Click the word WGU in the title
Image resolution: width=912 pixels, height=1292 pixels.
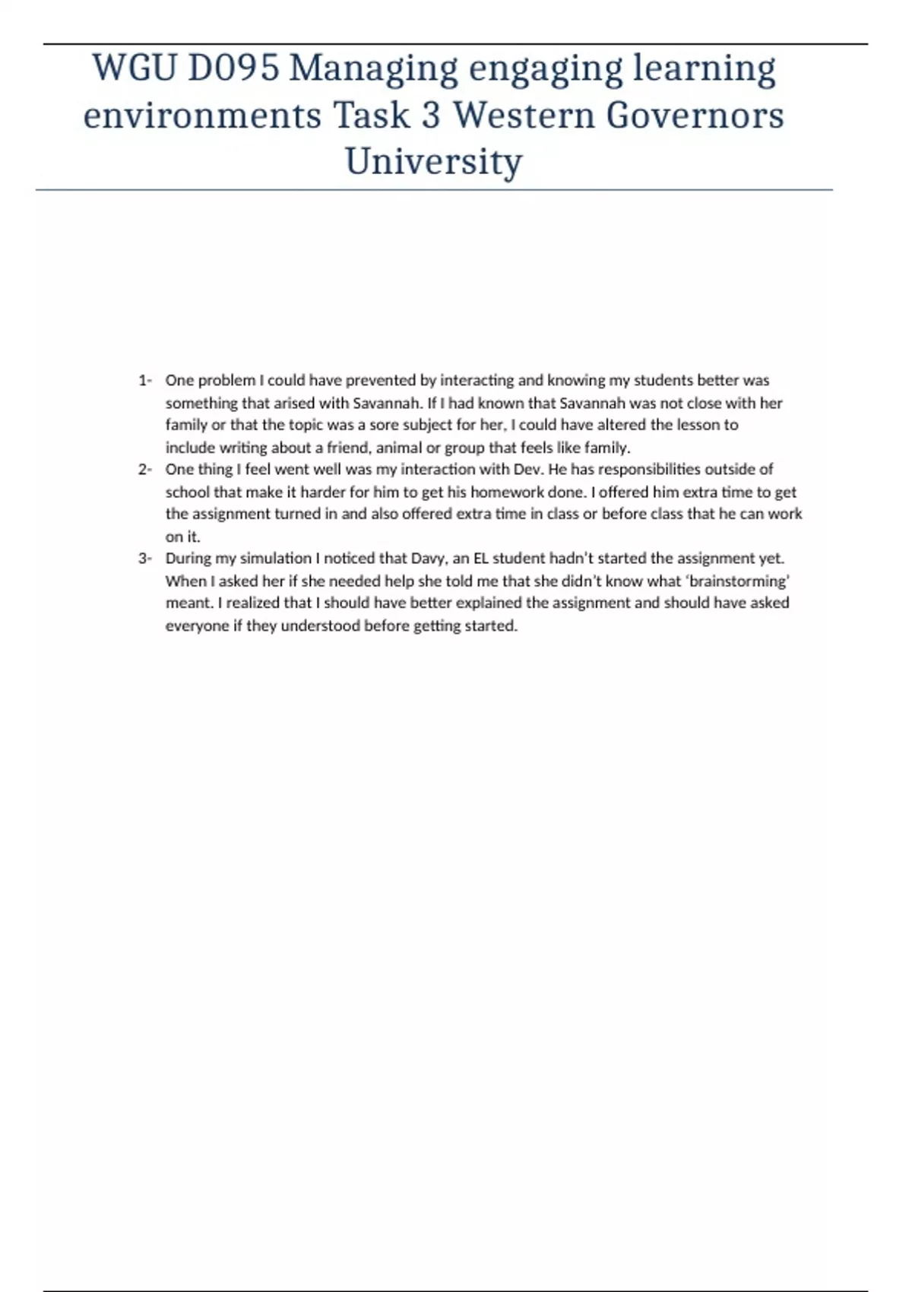133,68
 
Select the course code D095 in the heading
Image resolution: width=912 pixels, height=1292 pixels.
233,68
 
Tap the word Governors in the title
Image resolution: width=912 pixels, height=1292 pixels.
693,116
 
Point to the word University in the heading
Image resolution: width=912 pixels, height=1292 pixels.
434,162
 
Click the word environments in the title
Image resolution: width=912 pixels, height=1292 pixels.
202,116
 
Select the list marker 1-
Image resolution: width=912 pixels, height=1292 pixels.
145,380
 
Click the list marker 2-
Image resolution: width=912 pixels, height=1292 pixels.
145,469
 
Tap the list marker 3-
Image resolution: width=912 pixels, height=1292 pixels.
145,558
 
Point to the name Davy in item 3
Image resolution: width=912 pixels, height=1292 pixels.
428,559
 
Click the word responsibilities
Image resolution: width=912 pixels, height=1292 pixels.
649,469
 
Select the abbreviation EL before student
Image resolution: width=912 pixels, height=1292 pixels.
481,558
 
